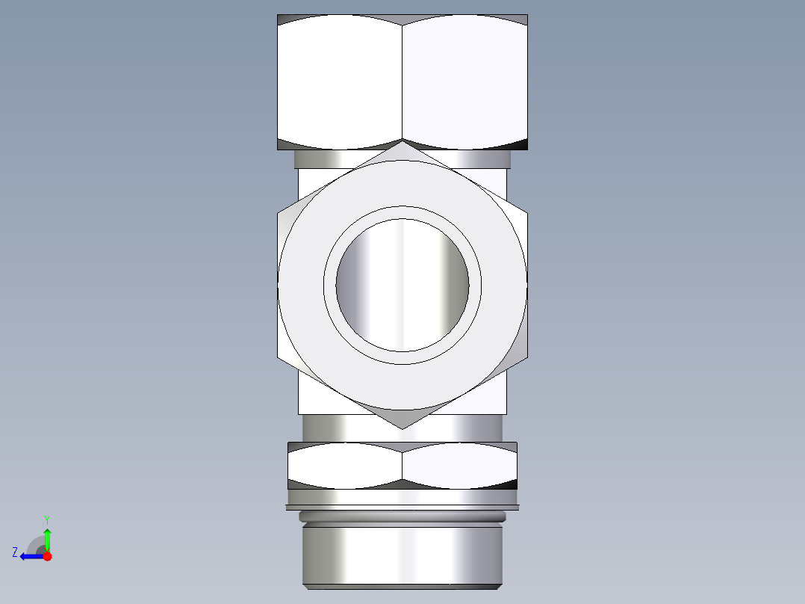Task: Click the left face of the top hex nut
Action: click(340, 82)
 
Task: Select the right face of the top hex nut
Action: click(464, 82)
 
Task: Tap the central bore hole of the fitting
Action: click(402, 285)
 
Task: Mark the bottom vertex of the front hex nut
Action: click(402, 428)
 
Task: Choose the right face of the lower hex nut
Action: click(459, 466)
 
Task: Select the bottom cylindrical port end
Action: click(402, 557)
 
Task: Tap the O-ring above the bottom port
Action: click(402, 517)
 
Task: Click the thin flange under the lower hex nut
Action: click(402, 507)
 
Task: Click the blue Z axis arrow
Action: click(30, 556)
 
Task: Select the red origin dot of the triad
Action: click(47, 556)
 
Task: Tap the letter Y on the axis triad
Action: click(46, 519)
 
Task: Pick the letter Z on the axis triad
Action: click(15, 552)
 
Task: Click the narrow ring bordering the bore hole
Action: click(402, 212)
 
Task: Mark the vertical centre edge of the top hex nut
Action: click(402, 82)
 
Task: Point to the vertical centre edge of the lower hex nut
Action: click(402, 466)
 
